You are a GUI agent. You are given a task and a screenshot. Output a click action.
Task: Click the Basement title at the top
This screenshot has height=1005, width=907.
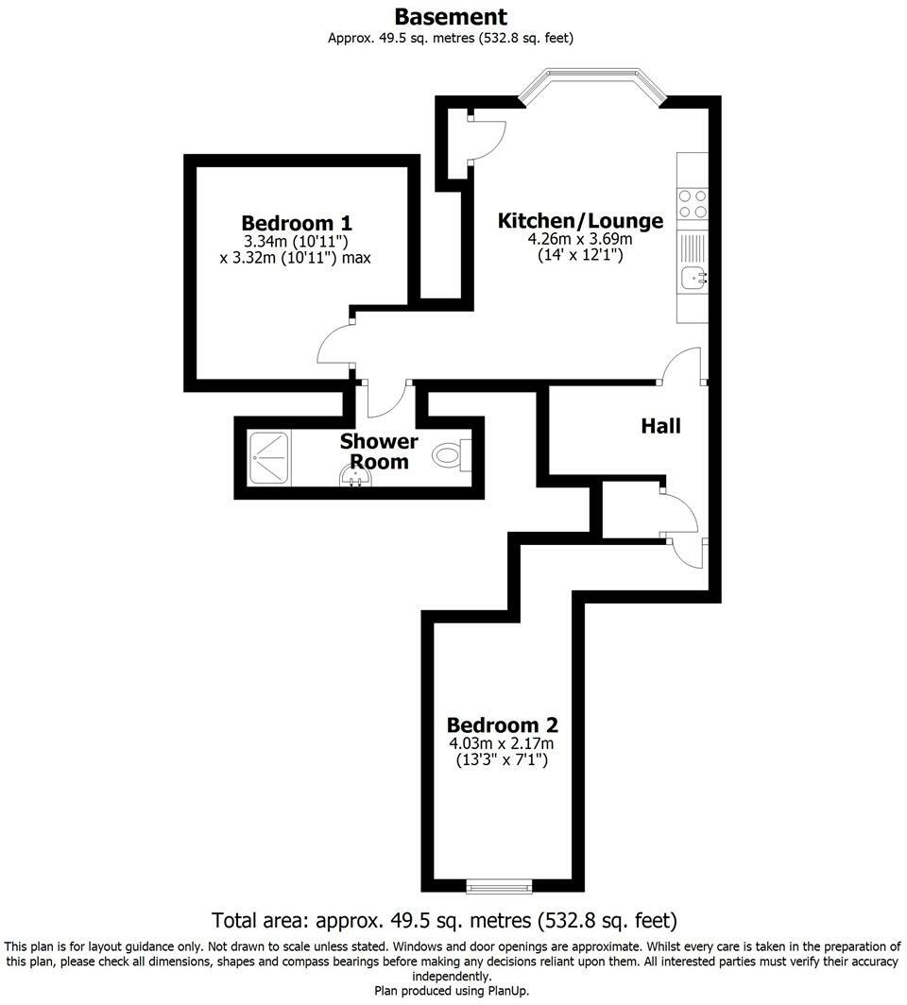[451, 17]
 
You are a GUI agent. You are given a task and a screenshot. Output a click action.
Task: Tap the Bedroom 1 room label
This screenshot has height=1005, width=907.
[297, 224]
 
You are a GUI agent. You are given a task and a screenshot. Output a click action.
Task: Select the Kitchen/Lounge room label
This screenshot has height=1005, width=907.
[580, 221]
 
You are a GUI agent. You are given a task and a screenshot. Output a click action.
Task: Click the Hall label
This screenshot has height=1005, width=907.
[660, 426]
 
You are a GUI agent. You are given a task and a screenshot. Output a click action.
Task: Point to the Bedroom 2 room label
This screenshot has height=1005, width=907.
[502, 725]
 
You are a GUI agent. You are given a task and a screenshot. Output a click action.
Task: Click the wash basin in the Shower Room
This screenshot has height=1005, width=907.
[354, 478]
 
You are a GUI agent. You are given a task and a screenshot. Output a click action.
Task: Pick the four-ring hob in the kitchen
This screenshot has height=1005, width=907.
[692, 205]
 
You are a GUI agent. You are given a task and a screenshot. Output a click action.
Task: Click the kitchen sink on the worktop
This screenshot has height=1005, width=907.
[693, 278]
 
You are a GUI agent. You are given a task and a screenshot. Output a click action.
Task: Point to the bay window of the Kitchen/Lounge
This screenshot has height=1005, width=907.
[592, 83]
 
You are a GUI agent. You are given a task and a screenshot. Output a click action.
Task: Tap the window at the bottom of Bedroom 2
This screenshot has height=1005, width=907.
[500, 886]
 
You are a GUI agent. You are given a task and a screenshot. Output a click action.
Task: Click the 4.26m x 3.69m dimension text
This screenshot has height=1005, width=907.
[580, 240]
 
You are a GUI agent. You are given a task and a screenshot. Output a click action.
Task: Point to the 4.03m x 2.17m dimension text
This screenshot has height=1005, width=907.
[502, 743]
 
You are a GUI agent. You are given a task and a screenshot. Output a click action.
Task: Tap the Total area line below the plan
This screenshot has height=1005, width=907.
[445, 919]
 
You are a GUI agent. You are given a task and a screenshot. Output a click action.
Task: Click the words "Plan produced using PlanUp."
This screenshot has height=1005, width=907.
[453, 991]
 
